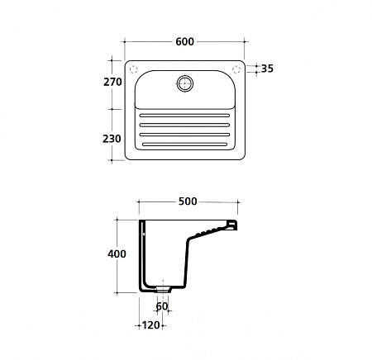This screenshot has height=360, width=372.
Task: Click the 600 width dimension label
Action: pyautogui.click(x=184, y=41)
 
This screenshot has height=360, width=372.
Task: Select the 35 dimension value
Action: pyautogui.click(x=267, y=69)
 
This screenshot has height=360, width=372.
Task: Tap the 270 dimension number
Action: pyautogui.click(x=112, y=82)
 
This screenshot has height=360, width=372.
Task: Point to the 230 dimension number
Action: pyautogui.click(x=112, y=139)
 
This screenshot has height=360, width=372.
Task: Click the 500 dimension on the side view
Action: pyautogui.click(x=188, y=201)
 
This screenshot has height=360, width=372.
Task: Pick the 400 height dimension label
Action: pyautogui.click(x=117, y=253)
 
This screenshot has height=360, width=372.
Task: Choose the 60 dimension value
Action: pyautogui.click(x=162, y=306)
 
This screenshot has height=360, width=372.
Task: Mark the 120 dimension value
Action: pyautogui.click(x=151, y=325)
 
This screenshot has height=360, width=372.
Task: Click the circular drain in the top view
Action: pyautogui.click(x=185, y=83)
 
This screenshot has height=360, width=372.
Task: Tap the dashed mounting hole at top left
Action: pyautogui.click(x=133, y=69)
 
